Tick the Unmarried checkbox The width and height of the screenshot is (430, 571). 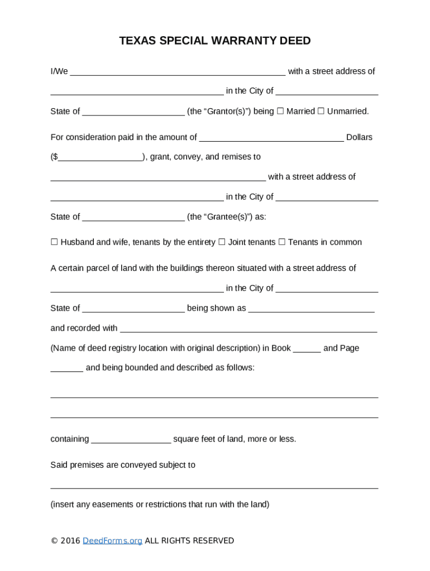coord(321,111)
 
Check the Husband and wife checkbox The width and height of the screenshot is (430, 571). coord(54,242)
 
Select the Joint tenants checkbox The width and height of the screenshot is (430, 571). coord(222,242)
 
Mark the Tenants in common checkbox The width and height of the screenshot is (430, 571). coord(281,242)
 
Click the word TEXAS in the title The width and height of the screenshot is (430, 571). coord(138,41)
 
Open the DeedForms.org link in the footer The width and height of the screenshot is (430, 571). coord(112,540)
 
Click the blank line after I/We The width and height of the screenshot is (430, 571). coord(178,71)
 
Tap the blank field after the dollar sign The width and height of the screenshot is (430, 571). coord(100,157)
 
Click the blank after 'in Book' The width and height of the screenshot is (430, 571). coord(307,349)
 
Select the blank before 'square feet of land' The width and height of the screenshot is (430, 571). coord(131,439)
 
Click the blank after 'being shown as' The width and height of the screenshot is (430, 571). coord(311,308)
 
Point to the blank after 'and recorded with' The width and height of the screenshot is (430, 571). coord(249,328)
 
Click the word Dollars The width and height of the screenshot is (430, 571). coord(359,137)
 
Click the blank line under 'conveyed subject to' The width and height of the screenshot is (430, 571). coord(214,485)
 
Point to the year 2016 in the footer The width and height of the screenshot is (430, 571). coord(70,540)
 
